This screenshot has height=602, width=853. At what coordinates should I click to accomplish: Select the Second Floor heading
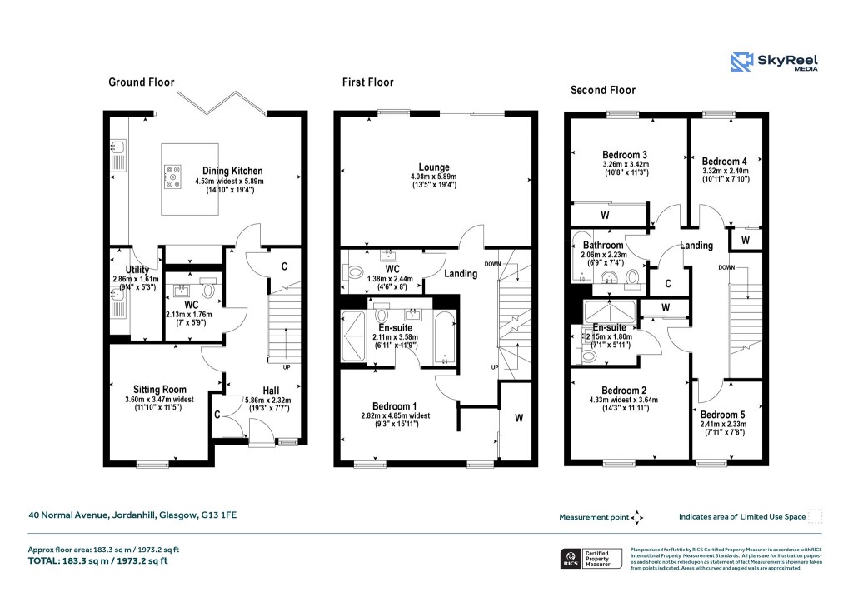pyautogui.click(x=602, y=90)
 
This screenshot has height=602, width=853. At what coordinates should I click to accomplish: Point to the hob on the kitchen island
pyautogui.click(x=173, y=176)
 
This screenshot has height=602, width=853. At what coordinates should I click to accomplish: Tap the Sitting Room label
pyautogui.click(x=160, y=389)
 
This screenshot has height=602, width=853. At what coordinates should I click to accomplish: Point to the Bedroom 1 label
pyautogui.click(x=387, y=405)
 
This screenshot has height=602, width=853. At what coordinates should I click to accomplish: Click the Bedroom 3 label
pyautogui.click(x=626, y=155)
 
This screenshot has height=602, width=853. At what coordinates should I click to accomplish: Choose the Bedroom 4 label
pyautogui.click(x=724, y=162)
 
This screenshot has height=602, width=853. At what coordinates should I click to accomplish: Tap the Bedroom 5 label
pyautogui.click(x=722, y=415)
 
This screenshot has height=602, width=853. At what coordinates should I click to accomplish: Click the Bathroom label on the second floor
pyautogui.click(x=602, y=246)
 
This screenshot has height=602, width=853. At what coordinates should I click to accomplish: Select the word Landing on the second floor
pyautogui.click(x=696, y=246)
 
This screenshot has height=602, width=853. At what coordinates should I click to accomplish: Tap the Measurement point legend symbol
pyautogui.click(x=637, y=517)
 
